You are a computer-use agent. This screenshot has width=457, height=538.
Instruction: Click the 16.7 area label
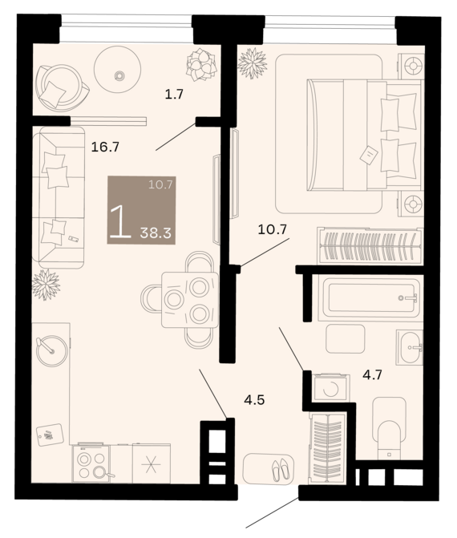point(105,148)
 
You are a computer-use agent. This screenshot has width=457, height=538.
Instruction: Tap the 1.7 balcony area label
point(174,94)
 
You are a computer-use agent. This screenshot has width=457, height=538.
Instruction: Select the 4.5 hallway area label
point(254,400)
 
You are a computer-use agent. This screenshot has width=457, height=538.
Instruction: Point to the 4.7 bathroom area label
point(372,374)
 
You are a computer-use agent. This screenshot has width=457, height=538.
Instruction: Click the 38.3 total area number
point(156,233)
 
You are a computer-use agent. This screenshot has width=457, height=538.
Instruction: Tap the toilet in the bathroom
point(389,428)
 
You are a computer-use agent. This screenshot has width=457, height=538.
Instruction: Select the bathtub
point(369,297)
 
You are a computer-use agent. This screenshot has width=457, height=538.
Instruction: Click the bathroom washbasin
point(410,347)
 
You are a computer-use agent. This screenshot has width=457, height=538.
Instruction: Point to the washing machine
point(331,388)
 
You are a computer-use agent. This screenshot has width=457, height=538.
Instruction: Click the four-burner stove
point(91,463)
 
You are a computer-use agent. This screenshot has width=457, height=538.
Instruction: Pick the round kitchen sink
point(52,350)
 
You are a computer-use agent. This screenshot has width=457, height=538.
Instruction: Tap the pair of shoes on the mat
point(281,469)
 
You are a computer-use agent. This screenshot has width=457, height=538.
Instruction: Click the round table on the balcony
point(117,69)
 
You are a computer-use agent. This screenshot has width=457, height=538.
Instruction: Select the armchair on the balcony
point(62,87)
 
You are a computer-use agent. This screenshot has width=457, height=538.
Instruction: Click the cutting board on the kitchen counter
point(50,435)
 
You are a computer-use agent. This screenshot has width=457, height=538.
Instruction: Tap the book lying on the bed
point(369,155)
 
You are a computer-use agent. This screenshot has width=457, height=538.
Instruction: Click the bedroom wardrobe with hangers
point(370,245)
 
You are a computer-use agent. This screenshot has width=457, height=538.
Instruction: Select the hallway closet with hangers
point(327,447)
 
